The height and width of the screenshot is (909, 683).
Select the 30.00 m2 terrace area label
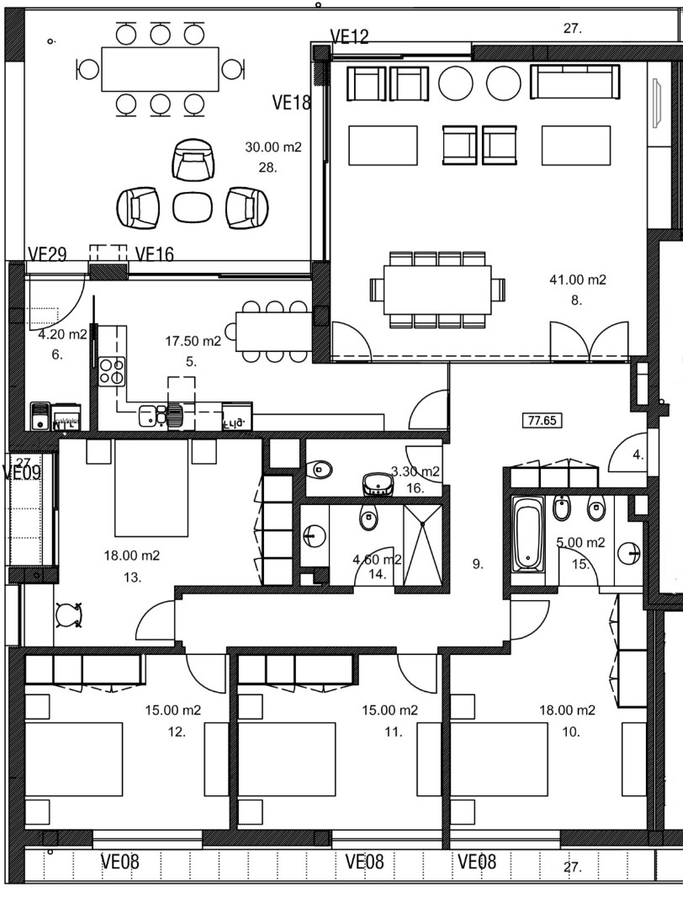[273, 147]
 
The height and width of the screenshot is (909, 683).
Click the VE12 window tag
[350, 37]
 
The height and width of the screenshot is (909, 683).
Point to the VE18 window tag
[292, 103]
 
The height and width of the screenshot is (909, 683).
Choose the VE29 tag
[47, 254]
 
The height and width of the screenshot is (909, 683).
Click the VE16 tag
[154, 254]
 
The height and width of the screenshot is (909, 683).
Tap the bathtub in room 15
[527, 534]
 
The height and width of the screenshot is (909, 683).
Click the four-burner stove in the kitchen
[112, 370]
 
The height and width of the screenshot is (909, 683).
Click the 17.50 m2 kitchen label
[193, 341]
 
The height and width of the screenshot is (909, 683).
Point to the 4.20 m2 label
[63, 334]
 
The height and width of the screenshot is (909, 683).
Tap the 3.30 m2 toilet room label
[415, 471]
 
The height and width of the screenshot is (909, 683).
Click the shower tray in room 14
[423, 543]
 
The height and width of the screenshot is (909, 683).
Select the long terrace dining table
[160, 69]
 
